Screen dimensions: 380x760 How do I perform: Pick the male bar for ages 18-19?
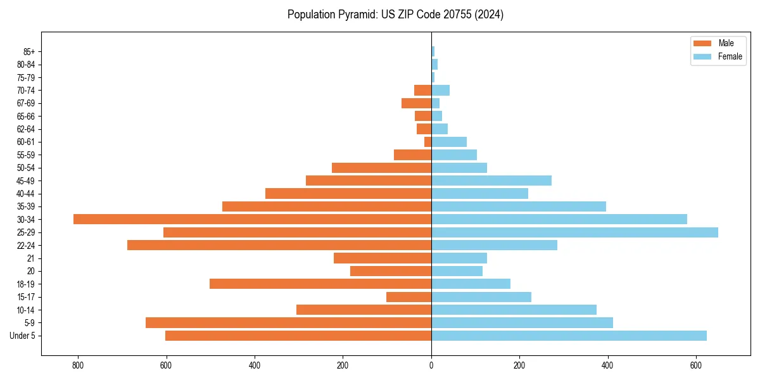click(320, 284)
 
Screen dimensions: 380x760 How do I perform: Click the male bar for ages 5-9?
click(288, 322)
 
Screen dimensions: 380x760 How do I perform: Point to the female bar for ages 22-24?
click(494, 245)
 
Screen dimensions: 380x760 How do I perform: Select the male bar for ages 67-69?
click(416, 103)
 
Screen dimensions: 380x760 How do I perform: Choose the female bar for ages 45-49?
click(491, 180)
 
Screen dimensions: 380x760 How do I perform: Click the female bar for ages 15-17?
click(481, 297)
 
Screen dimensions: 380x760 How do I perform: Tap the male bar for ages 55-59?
click(412, 155)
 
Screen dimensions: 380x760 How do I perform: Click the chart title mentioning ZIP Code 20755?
click(395, 15)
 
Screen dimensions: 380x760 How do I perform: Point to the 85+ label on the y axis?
click(29, 51)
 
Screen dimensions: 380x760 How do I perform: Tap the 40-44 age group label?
click(26, 193)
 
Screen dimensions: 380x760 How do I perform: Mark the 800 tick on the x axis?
click(78, 365)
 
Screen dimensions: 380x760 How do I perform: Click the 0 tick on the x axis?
click(431, 365)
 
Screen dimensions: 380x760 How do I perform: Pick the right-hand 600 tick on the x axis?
click(695, 365)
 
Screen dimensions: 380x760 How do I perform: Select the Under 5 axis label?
click(22, 336)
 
